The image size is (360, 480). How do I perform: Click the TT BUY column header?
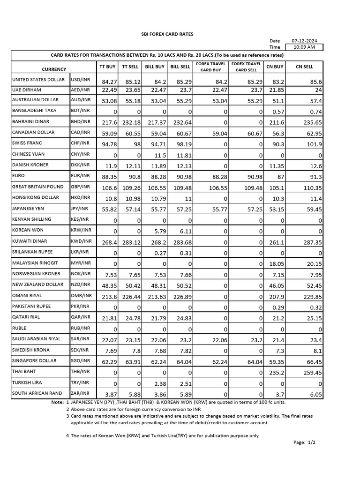107,67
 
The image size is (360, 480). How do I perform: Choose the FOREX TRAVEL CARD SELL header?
246,67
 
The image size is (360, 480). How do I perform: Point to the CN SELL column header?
305,67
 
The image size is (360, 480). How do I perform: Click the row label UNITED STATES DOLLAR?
38,80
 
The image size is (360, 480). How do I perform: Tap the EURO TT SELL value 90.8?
134,177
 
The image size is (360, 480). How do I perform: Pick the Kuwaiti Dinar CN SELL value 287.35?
312,242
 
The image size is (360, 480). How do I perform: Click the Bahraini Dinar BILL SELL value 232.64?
180,122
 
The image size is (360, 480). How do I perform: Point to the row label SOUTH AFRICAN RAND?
37,393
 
